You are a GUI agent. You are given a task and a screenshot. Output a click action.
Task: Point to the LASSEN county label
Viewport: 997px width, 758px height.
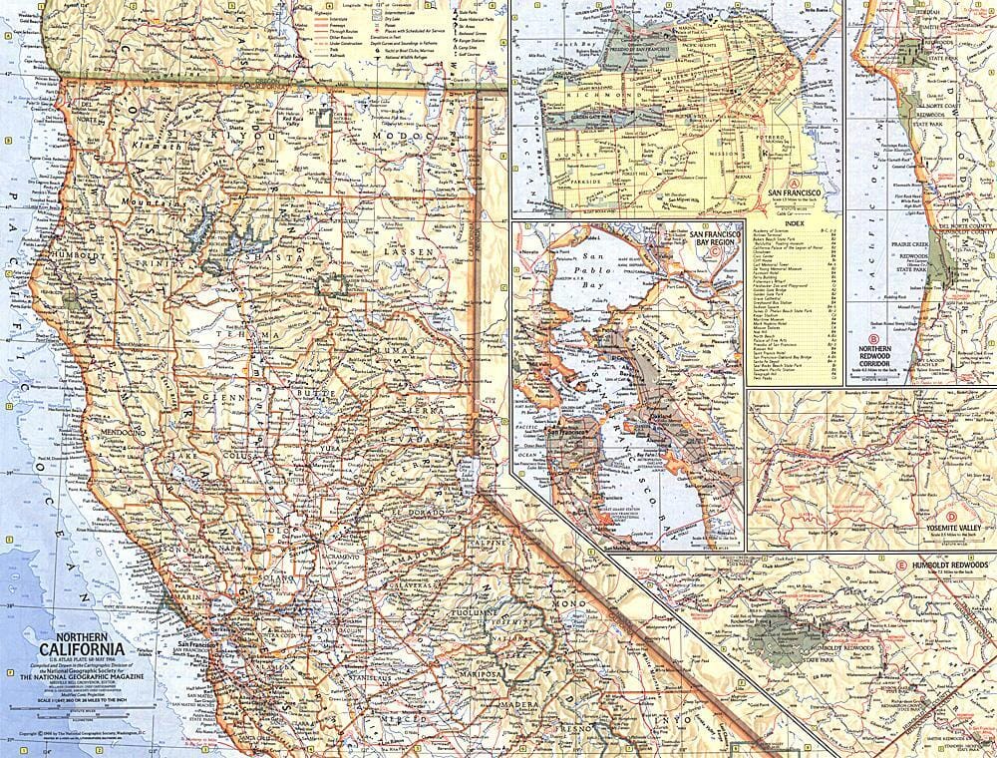[x=413, y=253]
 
